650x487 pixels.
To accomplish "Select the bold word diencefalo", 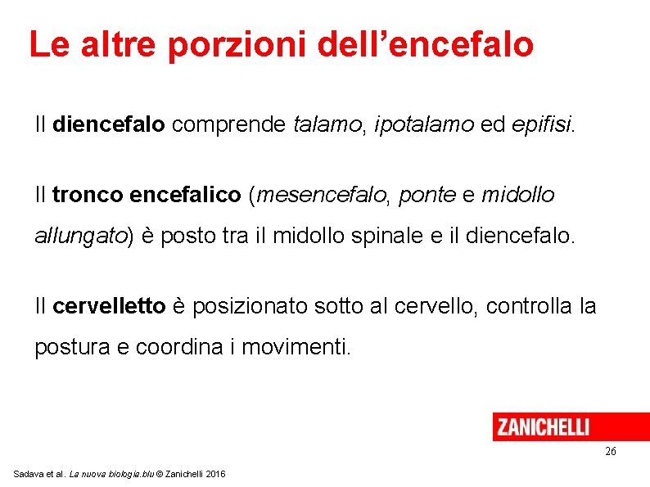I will click(x=109, y=124).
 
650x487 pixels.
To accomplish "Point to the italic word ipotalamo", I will click(x=424, y=124).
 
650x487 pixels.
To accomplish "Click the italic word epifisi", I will click(x=543, y=124).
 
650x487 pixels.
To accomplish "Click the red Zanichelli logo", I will click(x=543, y=426).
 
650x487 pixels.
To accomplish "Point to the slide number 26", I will click(x=611, y=452).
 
